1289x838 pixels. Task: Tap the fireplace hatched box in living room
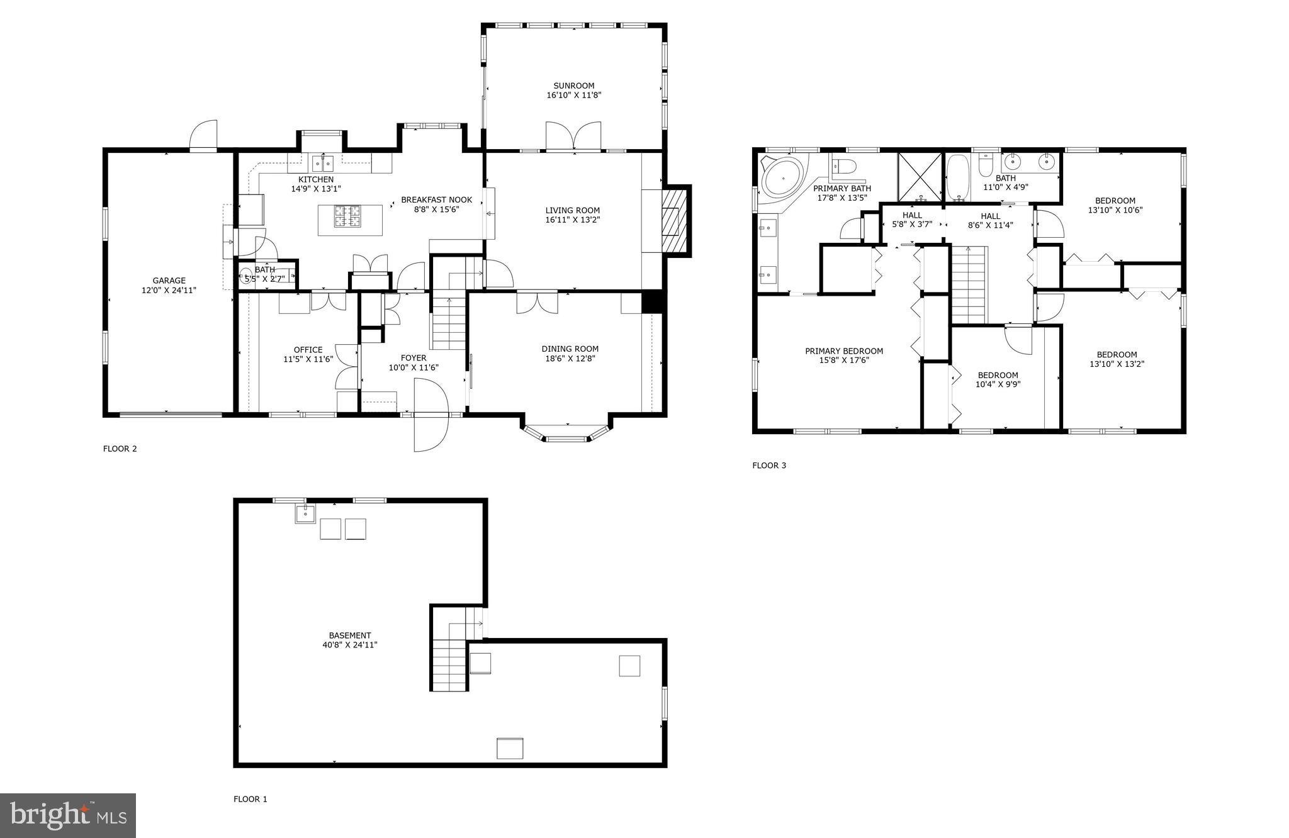[x=674, y=220]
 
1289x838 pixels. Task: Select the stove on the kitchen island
[x=349, y=216]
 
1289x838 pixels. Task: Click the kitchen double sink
[x=323, y=164]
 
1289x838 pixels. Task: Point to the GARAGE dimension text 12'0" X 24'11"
[x=169, y=291]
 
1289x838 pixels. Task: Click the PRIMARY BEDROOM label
[x=843, y=351]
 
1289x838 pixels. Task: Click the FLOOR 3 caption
[x=768, y=466]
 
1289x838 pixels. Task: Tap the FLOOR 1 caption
[x=250, y=799]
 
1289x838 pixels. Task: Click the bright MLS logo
[x=68, y=815]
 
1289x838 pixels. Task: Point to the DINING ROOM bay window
[x=566, y=434]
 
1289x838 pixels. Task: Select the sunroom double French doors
[x=573, y=136]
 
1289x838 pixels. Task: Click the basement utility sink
[x=305, y=513]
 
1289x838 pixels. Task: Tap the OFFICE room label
[x=308, y=350]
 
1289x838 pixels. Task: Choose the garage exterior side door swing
[x=204, y=135]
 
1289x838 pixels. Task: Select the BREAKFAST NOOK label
[x=436, y=200]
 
